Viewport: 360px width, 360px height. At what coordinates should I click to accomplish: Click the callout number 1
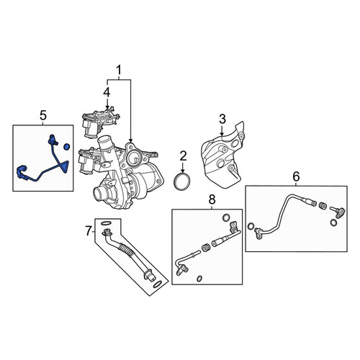(x=119, y=71)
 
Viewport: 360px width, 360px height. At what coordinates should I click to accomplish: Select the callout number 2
(x=183, y=156)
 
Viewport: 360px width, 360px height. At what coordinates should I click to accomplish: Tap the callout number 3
(x=222, y=119)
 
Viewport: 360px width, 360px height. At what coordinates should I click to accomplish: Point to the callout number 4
(x=107, y=92)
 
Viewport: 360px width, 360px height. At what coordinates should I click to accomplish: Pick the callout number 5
(x=43, y=116)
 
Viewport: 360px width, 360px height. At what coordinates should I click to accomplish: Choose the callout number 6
(x=296, y=177)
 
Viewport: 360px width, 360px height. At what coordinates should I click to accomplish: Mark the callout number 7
(x=89, y=231)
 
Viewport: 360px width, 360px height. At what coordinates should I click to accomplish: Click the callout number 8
(x=212, y=199)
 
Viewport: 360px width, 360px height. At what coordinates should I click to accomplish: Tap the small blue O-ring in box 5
(x=66, y=146)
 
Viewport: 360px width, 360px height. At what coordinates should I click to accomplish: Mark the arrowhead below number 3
(x=222, y=135)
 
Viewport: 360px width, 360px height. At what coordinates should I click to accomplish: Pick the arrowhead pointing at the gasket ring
(x=183, y=171)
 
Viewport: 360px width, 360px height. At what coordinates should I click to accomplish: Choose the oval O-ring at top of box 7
(x=106, y=223)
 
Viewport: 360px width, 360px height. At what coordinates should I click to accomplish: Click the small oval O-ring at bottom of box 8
(x=199, y=279)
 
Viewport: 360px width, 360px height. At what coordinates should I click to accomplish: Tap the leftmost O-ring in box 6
(x=251, y=226)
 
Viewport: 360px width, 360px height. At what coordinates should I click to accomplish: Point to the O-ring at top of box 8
(x=226, y=217)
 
